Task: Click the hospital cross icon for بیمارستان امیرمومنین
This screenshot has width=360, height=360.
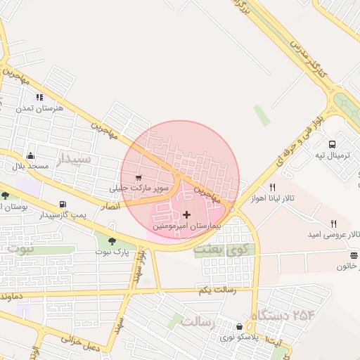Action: click(186, 214)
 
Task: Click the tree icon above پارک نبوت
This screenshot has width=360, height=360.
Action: click(112, 241)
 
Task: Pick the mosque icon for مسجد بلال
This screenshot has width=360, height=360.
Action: click(30, 155)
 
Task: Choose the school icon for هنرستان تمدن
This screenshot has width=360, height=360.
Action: click(39, 97)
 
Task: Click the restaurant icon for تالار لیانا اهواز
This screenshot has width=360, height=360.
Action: click(272, 188)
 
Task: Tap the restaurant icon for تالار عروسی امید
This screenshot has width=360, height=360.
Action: click(323, 224)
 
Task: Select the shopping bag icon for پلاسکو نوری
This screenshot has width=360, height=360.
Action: click(240, 327)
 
